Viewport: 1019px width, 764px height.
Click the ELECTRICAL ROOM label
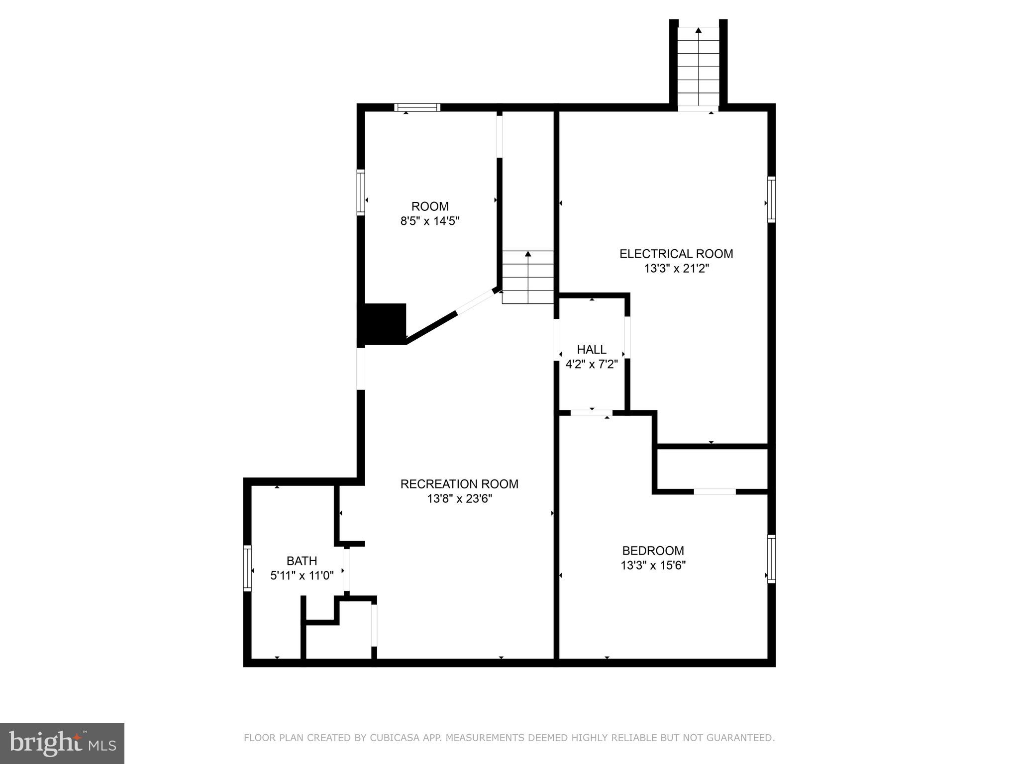[676, 254]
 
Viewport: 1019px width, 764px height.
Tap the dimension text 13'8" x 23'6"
[459, 499]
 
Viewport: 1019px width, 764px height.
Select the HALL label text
[592, 350]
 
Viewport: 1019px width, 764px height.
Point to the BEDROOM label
[653, 551]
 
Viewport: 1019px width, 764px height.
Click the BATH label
[302, 561]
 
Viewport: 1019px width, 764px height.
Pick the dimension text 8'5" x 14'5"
[429, 221]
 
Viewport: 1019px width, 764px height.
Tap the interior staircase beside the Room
[527, 277]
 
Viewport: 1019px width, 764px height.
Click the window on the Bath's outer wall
[247, 568]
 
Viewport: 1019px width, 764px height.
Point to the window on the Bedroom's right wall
[771, 559]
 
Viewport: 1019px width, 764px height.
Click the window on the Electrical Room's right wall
[771, 199]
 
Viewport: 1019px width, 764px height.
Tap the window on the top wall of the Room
[417, 107]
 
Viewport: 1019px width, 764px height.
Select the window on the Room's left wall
[361, 192]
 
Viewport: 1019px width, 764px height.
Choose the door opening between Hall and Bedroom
[591, 413]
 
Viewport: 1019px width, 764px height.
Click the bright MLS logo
[62, 743]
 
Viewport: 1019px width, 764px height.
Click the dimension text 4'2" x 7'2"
[592, 365]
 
